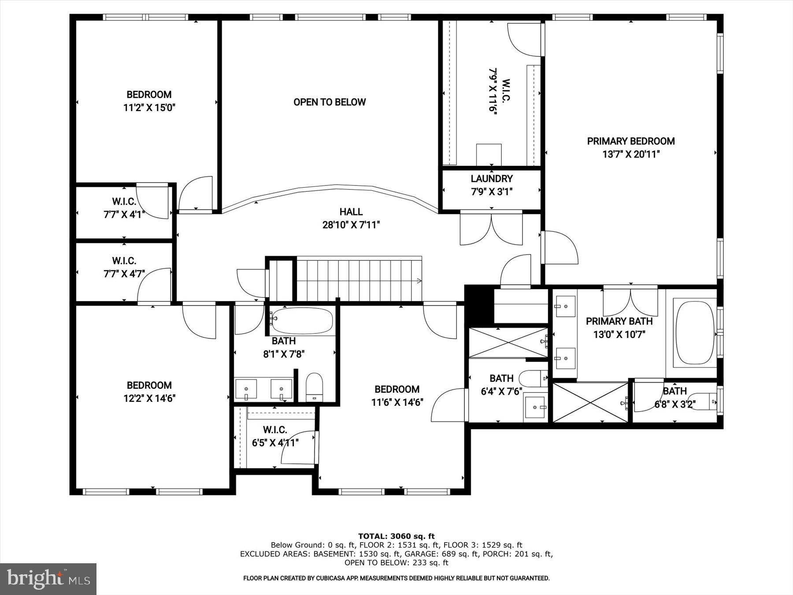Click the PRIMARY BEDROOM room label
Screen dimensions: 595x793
click(630, 141)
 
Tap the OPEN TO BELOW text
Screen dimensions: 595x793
click(330, 102)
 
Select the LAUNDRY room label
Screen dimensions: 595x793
click(492, 178)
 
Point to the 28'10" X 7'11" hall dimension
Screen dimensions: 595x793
click(351, 225)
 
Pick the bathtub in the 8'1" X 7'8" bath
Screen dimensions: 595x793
click(302, 321)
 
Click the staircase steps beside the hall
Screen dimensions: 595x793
click(359, 280)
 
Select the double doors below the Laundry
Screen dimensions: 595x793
click(491, 229)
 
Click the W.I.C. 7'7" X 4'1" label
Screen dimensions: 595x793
click(124, 208)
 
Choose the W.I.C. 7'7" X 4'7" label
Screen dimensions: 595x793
click(124, 267)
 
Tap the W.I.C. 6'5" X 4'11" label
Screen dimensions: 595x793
click(275, 436)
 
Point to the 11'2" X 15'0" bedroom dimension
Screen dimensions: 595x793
click(149, 108)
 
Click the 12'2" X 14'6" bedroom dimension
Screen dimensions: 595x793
click(149, 398)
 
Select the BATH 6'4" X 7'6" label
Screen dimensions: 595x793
click(501, 384)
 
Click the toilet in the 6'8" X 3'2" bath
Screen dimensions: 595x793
click(703, 401)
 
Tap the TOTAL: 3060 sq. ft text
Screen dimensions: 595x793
click(396, 536)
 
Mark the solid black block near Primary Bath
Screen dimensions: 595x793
click(478, 305)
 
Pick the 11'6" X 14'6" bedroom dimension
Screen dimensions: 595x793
click(397, 402)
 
